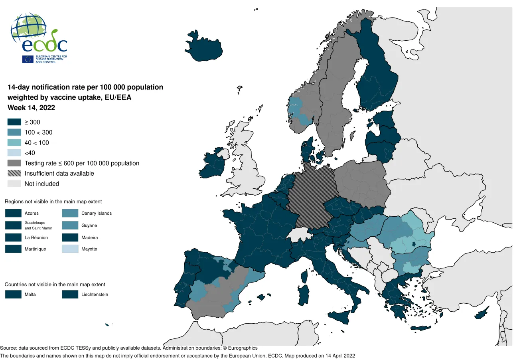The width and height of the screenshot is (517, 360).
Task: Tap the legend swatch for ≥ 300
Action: tap(14, 122)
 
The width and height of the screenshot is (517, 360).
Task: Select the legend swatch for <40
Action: tap(14, 153)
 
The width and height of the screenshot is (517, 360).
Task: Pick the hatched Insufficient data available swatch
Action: tap(14, 174)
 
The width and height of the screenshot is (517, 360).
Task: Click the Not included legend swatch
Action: tap(14, 184)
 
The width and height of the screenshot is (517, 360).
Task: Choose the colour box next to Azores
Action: tap(13, 213)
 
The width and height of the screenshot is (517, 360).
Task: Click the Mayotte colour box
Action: tap(70, 249)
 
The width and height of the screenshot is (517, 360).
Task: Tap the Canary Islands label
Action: tap(97, 213)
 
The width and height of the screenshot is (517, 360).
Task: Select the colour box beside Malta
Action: tap(13, 295)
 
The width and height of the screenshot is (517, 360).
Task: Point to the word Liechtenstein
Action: tap(95, 295)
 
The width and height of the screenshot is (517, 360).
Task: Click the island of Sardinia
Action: tap(304, 293)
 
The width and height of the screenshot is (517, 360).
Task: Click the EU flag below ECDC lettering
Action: tap(28, 59)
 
